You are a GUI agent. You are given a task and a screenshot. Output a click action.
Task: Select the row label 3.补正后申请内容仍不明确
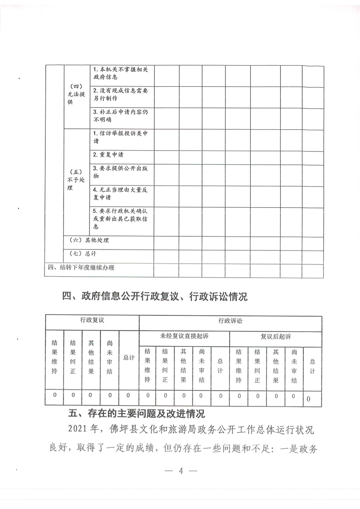120,117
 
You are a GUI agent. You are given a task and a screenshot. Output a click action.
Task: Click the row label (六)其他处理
89,240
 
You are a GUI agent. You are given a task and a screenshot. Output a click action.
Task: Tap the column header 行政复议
92,320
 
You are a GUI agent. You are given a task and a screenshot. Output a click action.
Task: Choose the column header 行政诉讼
230,320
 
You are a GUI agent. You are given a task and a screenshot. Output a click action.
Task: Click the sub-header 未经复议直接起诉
184,337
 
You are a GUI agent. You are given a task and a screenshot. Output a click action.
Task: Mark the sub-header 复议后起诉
276,337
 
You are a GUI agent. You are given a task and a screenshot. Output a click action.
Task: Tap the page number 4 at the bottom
180,470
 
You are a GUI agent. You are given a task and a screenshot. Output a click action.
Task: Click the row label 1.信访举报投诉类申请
120,137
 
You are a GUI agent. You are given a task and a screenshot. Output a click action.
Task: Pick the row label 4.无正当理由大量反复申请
120,194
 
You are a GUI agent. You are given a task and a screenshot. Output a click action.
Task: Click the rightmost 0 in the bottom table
309,399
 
